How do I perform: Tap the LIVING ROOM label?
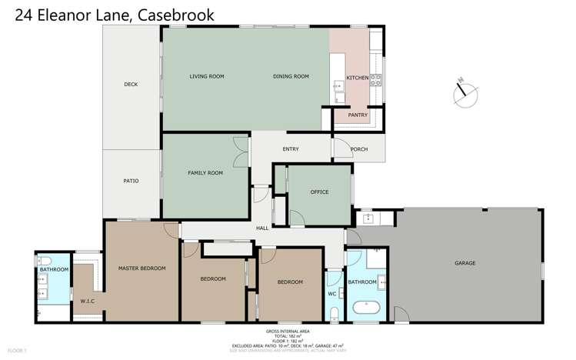point(206,76)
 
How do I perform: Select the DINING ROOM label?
point(291,76)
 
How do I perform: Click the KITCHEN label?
point(358,78)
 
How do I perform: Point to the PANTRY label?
point(358,115)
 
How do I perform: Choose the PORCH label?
point(359,149)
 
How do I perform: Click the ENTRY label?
point(291,149)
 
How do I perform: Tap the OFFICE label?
point(320,192)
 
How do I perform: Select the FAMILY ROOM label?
point(205,173)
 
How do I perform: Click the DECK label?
point(131,85)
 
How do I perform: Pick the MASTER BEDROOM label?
point(142,268)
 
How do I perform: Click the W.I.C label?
point(87,301)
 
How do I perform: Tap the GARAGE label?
point(464,263)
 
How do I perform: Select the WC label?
point(333,293)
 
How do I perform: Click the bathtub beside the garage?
point(366,310)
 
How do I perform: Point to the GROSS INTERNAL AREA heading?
point(287,331)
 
